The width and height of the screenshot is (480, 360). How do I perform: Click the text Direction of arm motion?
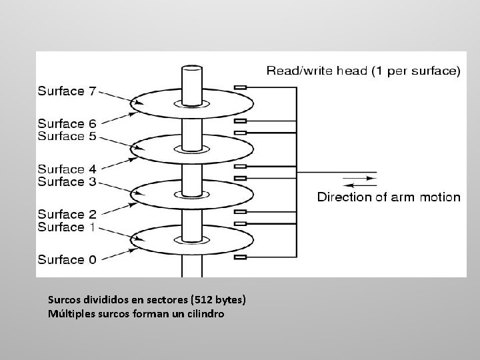coord(389,197)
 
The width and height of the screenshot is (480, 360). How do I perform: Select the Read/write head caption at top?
coord(363,70)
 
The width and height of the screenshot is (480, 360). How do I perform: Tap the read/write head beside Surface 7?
coord(241,87)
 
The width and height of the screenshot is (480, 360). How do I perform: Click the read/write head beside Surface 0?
coord(241,257)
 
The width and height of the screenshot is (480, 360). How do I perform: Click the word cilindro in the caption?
coord(205,313)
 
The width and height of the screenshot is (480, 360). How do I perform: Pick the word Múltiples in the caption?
coord(70,313)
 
